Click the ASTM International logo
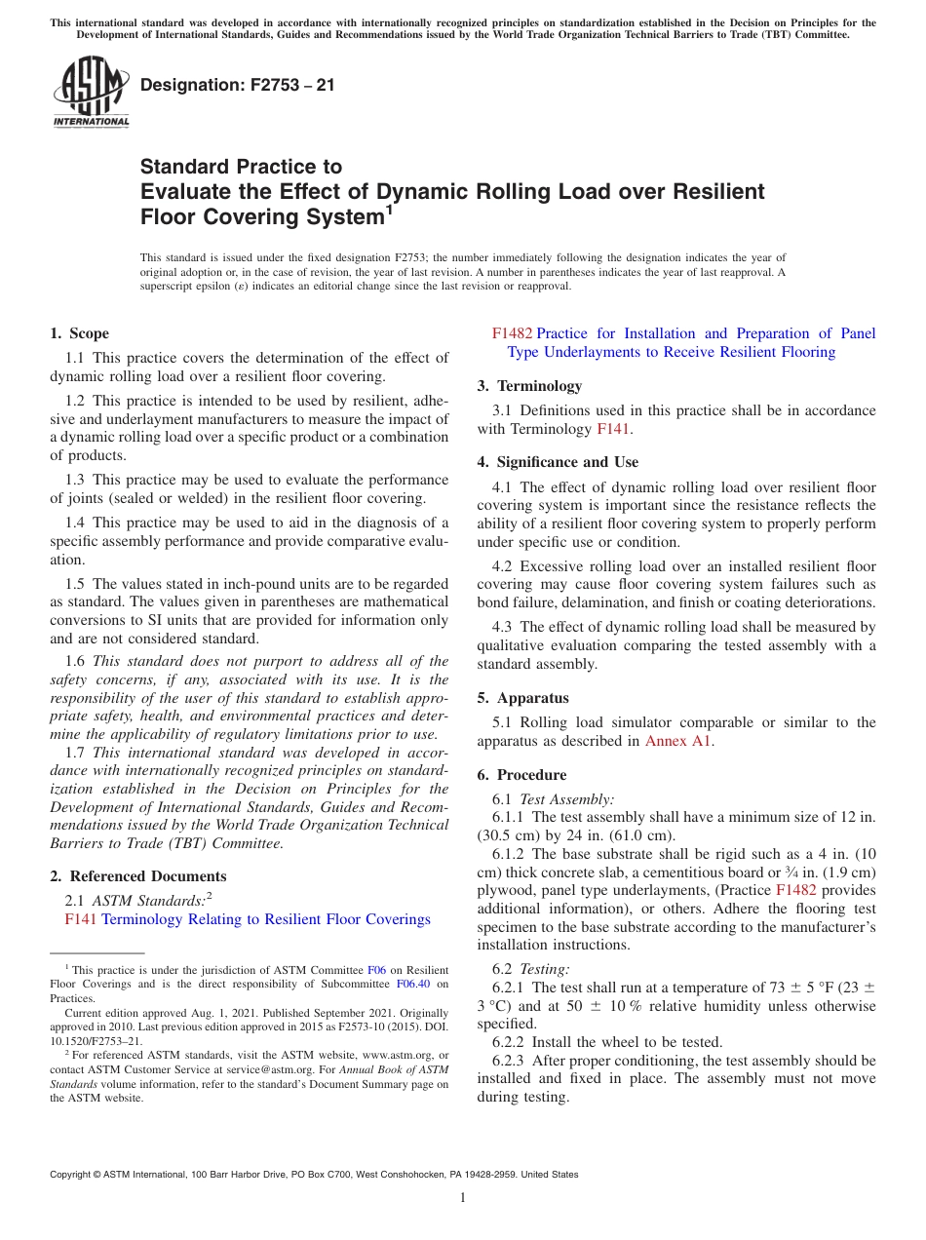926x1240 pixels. pyautogui.click(x=91, y=92)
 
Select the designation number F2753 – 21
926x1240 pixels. pyautogui.click(x=238, y=85)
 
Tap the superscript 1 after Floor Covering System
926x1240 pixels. pyautogui.click(x=389, y=208)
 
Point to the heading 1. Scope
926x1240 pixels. pyautogui.click(x=79, y=333)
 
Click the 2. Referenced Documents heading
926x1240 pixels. pyautogui.click(x=137, y=875)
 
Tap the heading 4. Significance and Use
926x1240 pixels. pyautogui.click(x=558, y=461)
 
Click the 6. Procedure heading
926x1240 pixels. pyautogui.click(x=521, y=774)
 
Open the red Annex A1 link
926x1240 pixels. pyautogui.click(x=678, y=740)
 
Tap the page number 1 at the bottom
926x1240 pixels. pyautogui.click(x=463, y=1197)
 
